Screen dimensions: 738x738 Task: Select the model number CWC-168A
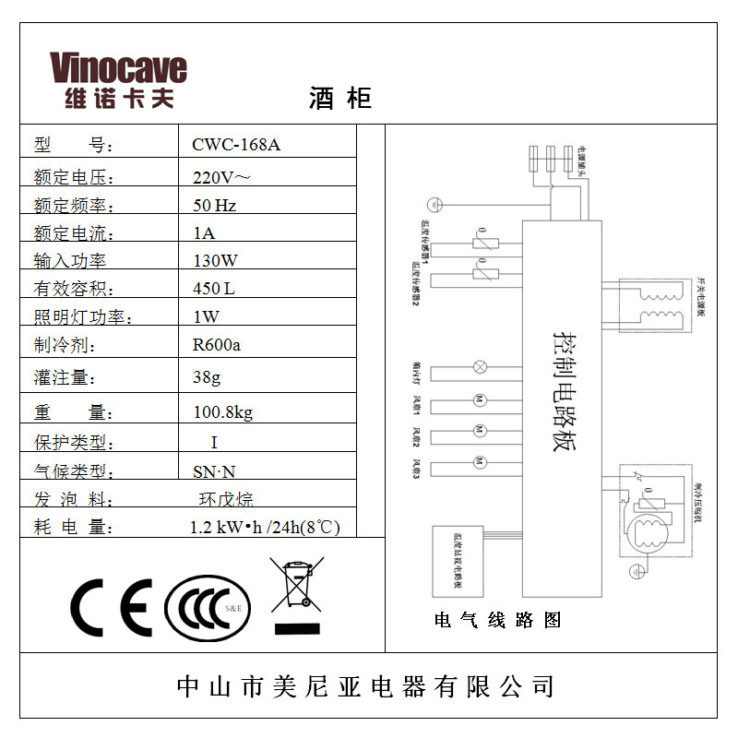(x=235, y=145)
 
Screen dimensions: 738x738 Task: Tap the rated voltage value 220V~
(x=221, y=175)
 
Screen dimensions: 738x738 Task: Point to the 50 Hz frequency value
(x=214, y=204)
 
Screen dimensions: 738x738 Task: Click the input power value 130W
(x=215, y=260)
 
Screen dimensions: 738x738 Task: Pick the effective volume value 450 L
(x=213, y=289)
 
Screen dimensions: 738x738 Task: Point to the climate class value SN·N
(x=213, y=472)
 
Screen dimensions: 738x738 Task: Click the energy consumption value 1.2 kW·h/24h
(x=265, y=528)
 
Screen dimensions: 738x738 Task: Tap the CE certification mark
(x=111, y=606)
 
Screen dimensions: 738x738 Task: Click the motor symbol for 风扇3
(x=479, y=461)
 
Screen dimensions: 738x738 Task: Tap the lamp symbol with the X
(x=479, y=367)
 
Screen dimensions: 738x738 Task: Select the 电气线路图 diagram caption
(x=498, y=620)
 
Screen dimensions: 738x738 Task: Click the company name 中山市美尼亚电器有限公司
(x=366, y=686)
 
